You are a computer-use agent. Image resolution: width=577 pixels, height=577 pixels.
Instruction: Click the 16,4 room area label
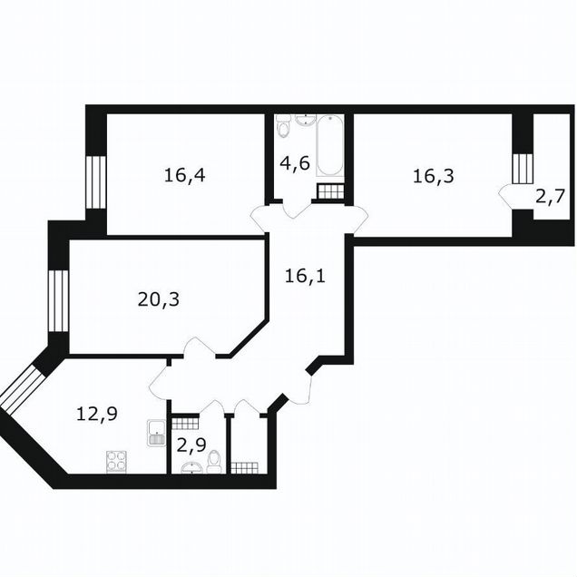[185, 175]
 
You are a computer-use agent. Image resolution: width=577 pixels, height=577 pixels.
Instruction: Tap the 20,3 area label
[159, 299]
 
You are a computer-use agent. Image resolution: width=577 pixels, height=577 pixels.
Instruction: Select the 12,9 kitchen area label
[97, 414]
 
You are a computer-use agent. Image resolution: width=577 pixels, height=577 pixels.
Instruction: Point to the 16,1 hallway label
[306, 276]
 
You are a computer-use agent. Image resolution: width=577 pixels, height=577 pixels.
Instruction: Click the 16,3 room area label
[434, 176]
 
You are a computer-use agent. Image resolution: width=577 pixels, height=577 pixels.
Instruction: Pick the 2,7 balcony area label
[550, 198]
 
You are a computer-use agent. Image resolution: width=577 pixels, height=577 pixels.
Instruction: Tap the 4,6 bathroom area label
[295, 163]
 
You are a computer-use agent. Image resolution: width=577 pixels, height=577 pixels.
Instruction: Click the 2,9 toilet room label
[191, 445]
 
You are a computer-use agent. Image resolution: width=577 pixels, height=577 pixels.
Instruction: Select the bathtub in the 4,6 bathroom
[330, 145]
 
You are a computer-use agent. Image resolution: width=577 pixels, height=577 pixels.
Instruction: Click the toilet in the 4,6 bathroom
[283, 127]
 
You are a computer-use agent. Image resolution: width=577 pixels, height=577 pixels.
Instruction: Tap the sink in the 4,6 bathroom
[306, 120]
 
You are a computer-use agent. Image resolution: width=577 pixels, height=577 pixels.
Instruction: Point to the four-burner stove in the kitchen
[117, 462]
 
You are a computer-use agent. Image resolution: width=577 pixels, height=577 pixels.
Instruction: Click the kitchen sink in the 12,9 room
[156, 433]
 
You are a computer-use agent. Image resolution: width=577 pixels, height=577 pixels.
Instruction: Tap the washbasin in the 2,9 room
[191, 468]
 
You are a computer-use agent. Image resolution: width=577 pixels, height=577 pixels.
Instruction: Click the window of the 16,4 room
[95, 182]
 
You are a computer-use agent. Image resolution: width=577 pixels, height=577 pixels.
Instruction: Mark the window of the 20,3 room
[58, 301]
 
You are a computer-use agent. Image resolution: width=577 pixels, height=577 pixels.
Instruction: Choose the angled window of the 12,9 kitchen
[22, 389]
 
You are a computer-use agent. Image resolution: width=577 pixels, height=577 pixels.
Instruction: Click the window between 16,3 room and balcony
[523, 168]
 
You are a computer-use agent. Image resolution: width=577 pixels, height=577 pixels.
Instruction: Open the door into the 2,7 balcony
[506, 197]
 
